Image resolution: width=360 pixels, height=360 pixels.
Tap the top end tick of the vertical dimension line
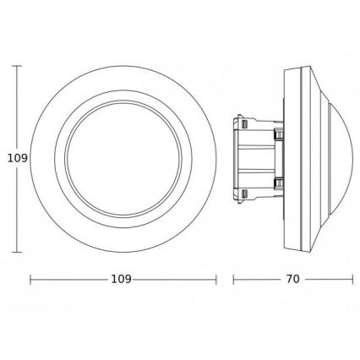point(18,63)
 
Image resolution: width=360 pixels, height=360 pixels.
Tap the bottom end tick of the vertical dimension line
point(18,252)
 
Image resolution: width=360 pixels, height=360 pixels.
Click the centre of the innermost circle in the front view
point(123,157)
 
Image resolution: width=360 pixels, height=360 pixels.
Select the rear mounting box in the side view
point(254,157)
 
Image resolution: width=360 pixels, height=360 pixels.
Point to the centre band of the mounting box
point(254,157)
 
